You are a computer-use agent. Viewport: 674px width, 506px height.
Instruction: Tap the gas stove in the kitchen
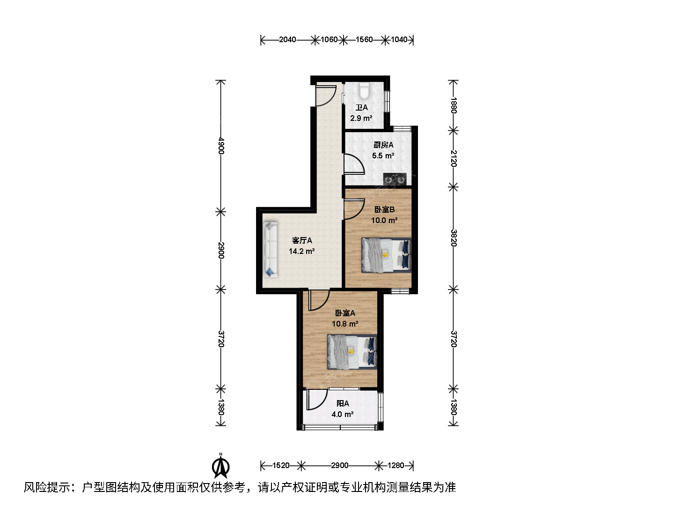pos(395,179)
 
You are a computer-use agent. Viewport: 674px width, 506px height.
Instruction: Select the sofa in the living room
pos(270,249)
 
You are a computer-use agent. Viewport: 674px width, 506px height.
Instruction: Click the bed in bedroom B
pos(386,255)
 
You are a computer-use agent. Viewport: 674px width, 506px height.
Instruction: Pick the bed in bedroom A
pos(352,352)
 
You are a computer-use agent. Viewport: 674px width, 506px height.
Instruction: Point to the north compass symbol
pos(220,466)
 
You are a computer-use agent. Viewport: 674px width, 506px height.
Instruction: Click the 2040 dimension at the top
pos(287,40)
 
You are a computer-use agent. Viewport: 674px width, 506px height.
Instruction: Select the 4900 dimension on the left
pos(221,146)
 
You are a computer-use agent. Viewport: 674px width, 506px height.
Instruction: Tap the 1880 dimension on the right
pos(454,105)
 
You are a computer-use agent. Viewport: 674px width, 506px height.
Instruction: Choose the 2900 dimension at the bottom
pos(340,466)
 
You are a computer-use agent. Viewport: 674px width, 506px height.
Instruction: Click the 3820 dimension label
pos(454,238)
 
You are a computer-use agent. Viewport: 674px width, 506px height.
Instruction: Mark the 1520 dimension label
pos(281,466)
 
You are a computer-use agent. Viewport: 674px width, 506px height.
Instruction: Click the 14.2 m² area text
pos(301,251)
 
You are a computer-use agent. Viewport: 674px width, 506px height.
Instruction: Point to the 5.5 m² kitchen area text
pos(383,156)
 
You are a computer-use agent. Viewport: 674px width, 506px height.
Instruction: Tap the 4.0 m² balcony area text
pos(342,414)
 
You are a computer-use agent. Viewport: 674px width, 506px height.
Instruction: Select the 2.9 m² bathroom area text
pos(361,118)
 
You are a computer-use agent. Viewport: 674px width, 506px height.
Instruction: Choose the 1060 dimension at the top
pos(329,40)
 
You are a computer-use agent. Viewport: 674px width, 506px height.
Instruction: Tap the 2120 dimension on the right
pos(454,158)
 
